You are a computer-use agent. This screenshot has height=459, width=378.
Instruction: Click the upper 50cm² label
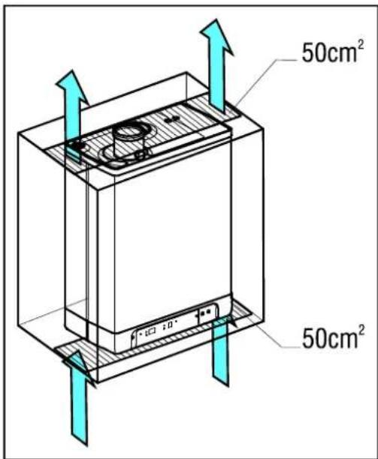coord(333,52)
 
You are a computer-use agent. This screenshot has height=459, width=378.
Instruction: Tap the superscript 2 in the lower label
coord(361,330)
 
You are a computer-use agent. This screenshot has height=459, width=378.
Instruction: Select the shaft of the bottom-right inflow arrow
coord(220,351)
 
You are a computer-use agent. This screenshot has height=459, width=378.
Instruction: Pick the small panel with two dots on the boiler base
coord(207,313)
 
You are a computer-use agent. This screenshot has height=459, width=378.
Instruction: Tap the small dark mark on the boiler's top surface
coord(171,119)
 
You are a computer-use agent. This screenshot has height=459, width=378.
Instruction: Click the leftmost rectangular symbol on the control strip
coord(151,331)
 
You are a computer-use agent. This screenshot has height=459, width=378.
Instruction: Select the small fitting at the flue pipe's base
coord(141,154)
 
